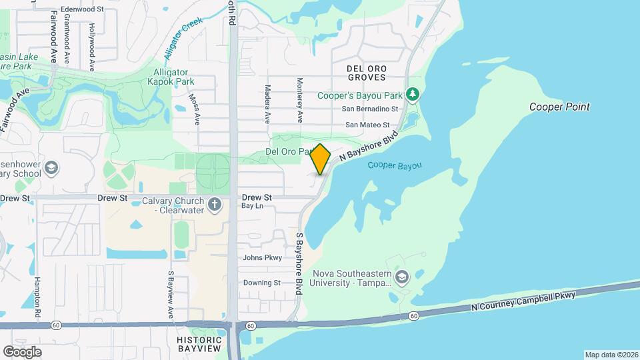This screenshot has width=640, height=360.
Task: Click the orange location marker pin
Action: click(x=321, y=159)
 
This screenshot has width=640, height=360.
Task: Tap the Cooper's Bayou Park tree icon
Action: click(x=413, y=95)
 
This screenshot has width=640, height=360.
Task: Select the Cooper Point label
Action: click(x=559, y=107)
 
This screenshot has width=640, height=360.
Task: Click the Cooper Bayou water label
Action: click(x=395, y=165)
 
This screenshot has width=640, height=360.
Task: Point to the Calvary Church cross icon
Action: click(x=215, y=205)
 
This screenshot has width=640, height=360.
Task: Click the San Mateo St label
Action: click(x=372, y=125)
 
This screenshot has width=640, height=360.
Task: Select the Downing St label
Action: click(x=261, y=283)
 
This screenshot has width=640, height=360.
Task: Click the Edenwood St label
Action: click(x=82, y=9)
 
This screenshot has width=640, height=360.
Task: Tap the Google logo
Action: click(x=22, y=351)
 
